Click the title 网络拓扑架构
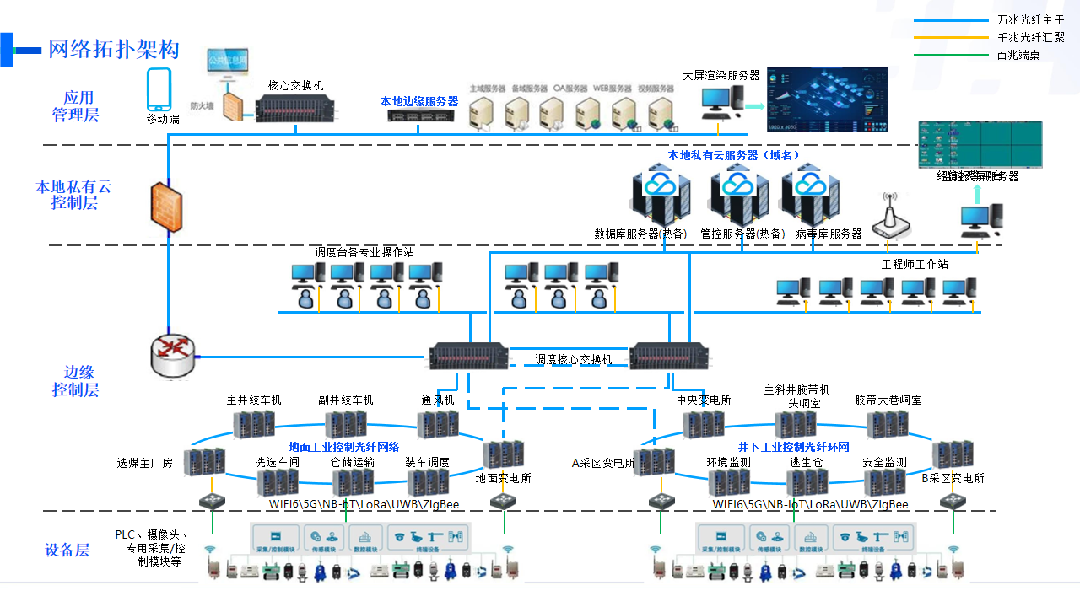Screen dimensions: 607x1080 [x=113, y=50]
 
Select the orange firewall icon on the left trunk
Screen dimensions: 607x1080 [x=166, y=207]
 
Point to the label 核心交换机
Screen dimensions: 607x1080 [x=295, y=85]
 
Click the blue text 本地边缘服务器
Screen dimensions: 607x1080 [x=418, y=101]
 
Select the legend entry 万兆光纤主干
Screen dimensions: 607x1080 [x=1030, y=19]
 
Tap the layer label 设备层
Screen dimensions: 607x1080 [x=67, y=551]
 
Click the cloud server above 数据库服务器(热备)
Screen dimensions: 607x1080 [x=659, y=197]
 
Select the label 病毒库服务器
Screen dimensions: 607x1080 [x=829, y=234]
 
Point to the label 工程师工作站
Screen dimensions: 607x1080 [x=915, y=264]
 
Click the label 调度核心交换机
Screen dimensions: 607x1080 [x=573, y=359]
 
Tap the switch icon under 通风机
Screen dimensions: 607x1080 [x=437, y=424]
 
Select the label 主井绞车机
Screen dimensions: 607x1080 [x=254, y=400]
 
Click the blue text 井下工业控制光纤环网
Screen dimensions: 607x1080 [x=793, y=447]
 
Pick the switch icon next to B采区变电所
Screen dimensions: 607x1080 [x=953, y=454]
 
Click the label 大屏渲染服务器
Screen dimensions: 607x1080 [x=721, y=76]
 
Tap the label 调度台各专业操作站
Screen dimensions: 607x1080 [x=364, y=252]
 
